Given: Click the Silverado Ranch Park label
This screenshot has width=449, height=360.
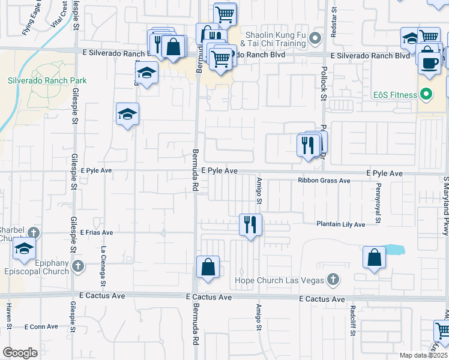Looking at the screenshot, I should [47, 80].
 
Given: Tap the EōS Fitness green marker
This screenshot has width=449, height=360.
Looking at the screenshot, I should [426, 95].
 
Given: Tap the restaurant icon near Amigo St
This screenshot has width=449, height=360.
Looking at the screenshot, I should [250, 224].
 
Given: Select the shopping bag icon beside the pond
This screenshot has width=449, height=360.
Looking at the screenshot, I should [374, 257].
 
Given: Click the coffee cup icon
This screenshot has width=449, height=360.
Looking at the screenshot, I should [429, 63].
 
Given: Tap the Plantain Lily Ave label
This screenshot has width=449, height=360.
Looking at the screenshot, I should [341, 224].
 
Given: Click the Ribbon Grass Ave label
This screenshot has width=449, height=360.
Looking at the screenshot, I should [324, 181].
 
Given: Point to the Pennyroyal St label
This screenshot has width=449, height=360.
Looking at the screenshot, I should [378, 208].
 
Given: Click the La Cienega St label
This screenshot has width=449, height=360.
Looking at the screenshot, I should [103, 267].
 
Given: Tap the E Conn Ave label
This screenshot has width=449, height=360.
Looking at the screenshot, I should [41, 326].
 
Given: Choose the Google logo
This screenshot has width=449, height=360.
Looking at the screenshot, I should [20, 352].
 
